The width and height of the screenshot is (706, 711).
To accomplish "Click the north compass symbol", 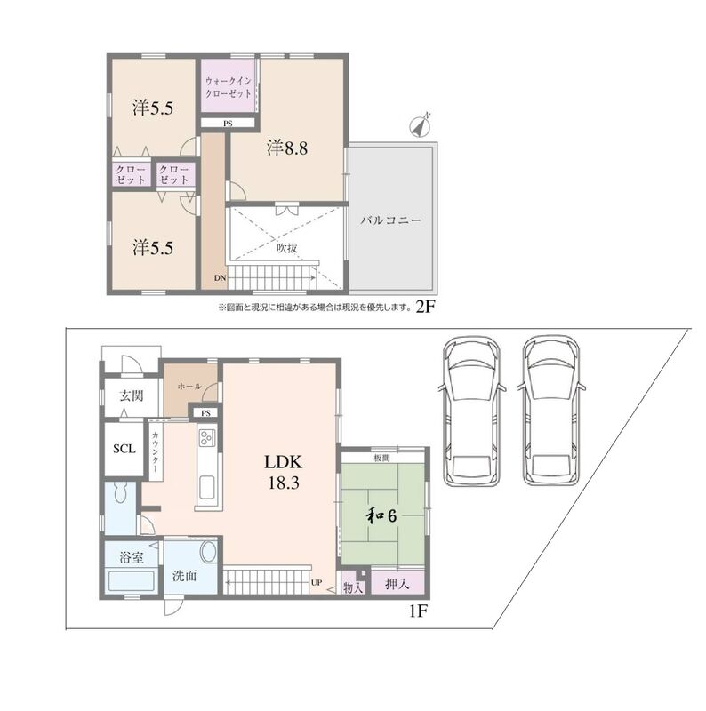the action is point(421,126).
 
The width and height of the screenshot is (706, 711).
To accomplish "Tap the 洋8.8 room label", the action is point(286,148).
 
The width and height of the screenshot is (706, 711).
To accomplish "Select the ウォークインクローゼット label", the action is point(229,87).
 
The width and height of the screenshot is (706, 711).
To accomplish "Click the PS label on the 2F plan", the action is point(228,124).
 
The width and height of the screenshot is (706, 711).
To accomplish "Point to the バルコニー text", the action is point(390,220).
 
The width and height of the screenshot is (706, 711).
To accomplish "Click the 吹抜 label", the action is point(287,248).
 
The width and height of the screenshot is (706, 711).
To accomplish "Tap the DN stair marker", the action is point(220,278).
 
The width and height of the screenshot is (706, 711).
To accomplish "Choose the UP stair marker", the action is point(317,582).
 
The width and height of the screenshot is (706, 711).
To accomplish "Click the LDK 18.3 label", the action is point(283,473).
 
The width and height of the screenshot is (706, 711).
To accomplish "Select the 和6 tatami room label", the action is point(381,515).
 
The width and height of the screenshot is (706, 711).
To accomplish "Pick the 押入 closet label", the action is point(397,584).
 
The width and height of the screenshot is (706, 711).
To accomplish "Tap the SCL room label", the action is point(124,449).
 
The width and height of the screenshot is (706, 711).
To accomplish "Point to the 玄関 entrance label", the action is point(132,395).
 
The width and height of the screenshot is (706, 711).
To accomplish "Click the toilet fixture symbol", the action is point(121,493).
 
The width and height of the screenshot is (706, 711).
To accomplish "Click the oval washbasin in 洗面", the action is point(208,552).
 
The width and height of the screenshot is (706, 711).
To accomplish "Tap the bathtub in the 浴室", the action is point(131,581).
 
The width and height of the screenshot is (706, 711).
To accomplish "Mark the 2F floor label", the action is point(425,307).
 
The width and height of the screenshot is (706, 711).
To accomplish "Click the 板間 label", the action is point(381,459).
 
